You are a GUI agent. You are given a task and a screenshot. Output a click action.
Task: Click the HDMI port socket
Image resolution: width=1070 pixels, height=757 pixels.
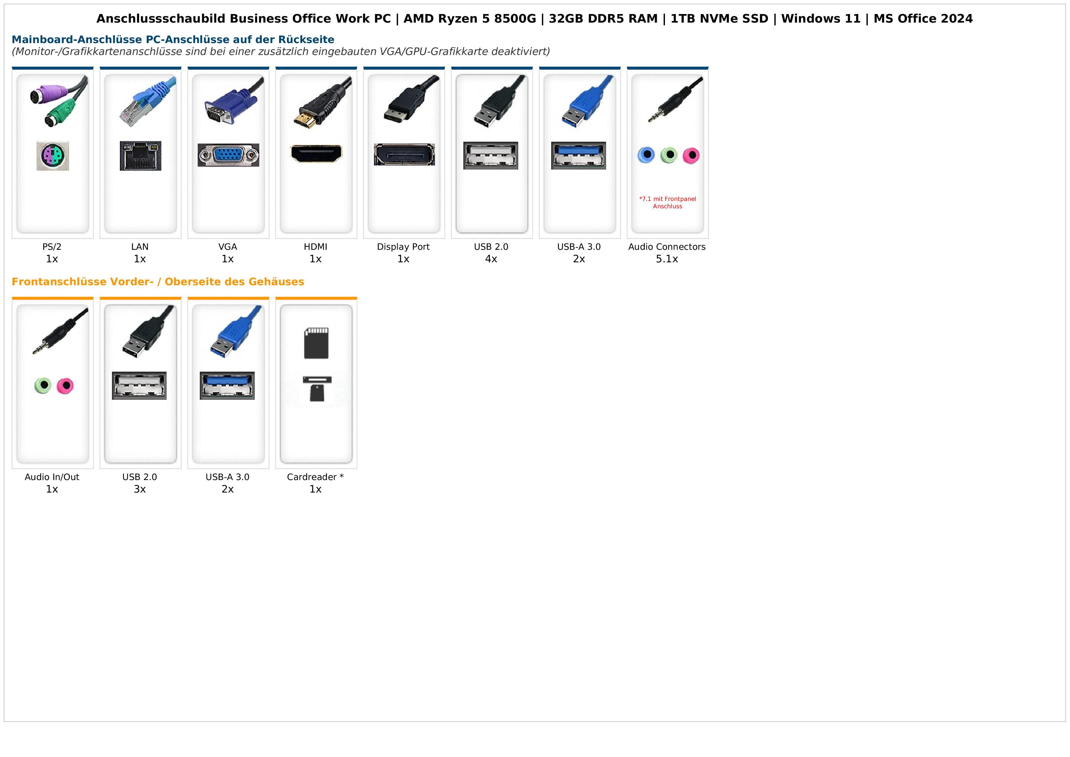316,154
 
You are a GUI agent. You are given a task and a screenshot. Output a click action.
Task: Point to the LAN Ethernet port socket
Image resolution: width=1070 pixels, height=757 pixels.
140,156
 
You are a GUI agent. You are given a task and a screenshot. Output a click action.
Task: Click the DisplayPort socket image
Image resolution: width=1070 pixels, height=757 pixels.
404,155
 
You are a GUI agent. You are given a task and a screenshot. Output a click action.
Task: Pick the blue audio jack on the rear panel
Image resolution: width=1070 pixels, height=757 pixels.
646,155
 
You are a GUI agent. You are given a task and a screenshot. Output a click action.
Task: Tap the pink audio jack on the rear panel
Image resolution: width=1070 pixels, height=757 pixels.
691,155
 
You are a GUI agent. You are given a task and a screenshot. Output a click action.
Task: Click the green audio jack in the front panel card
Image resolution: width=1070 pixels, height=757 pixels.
43,385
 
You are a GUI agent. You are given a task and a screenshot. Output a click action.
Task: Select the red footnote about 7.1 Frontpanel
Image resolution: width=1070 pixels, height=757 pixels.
667,202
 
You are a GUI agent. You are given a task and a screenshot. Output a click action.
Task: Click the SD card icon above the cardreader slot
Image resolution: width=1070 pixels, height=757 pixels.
316,343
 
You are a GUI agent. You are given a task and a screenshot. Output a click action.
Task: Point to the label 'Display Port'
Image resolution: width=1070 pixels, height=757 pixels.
403,247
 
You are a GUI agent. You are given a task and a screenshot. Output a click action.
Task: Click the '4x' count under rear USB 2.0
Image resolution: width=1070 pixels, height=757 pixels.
491,259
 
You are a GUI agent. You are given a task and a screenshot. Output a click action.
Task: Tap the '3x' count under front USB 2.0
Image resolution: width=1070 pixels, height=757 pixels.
140,489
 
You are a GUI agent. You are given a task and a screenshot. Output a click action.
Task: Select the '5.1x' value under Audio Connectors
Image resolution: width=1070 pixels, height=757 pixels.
667,259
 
